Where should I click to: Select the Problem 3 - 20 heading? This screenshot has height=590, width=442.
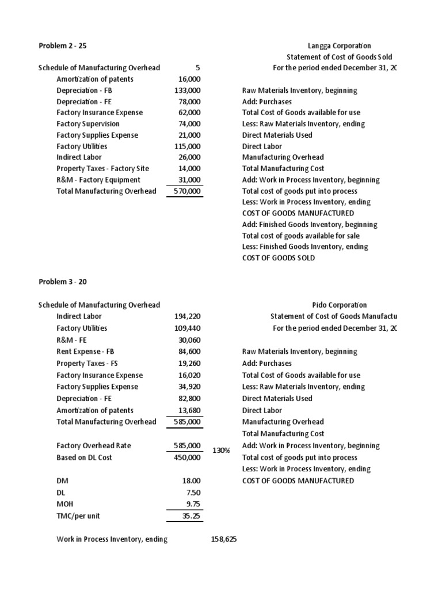click(62, 282)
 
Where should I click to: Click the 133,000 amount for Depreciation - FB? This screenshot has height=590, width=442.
click(187, 90)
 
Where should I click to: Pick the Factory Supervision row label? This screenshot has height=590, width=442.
click(88, 124)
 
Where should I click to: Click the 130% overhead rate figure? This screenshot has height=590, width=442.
click(222, 451)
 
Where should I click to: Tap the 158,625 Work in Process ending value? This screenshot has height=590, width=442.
click(224, 539)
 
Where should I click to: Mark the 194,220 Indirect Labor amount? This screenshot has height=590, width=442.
click(187, 316)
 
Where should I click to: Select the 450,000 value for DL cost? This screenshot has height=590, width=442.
click(187, 457)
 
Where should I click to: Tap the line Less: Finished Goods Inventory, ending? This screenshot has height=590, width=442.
click(304, 247)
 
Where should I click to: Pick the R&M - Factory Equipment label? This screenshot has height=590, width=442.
click(97, 180)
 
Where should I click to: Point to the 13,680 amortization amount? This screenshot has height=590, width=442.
click(189, 410)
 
